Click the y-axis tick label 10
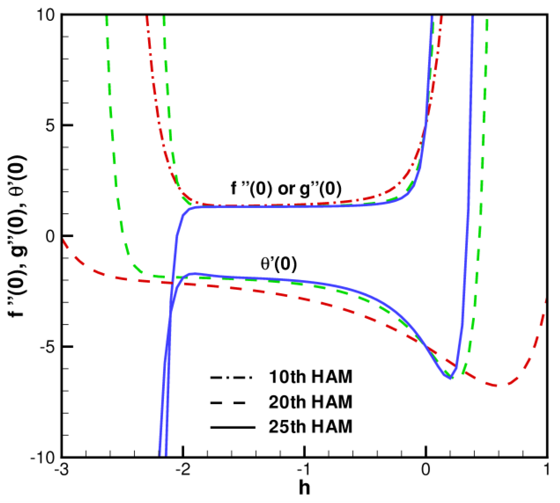tap(46, 15)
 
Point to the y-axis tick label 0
tap(50, 236)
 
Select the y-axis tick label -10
tap(43, 457)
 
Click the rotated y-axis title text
tap(18, 236)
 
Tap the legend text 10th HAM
tap(310, 377)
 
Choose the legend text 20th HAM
tap(310, 402)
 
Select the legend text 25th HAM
tap(310, 427)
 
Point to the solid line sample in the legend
tap(233, 427)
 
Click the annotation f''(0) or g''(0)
tap(286, 188)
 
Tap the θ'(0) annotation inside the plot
tap(279, 263)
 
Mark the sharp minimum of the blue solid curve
tap(450, 378)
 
